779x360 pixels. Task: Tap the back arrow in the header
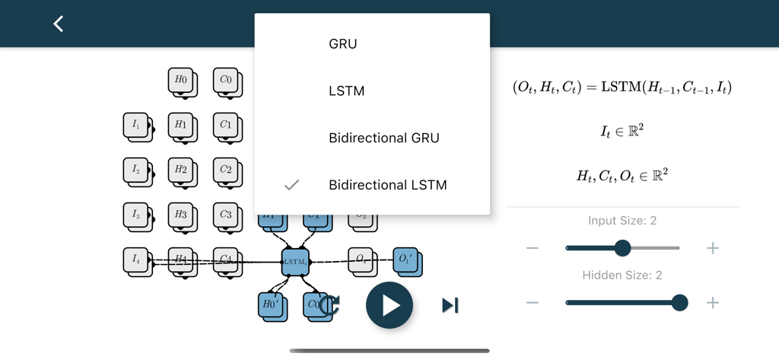pyautogui.click(x=59, y=24)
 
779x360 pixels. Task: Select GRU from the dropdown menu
pyautogui.click(x=342, y=44)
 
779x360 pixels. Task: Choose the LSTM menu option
pyautogui.click(x=346, y=91)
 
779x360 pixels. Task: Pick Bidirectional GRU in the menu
pyautogui.click(x=383, y=138)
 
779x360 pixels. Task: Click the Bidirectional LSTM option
pyautogui.click(x=387, y=185)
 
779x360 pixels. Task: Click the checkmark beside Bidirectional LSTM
pyautogui.click(x=291, y=185)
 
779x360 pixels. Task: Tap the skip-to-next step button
pyautogui.click(x=450, y=305)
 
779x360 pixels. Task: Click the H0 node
pyautogui.click(x=181, y=80)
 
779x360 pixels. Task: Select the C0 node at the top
pyautogui.click(x=226, y=80)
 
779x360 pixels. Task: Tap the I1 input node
pyautogui.click(x=136, y=125)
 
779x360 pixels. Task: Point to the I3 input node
pyautogui.click(x=136, y=215)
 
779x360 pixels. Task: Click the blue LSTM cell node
pyautogui.click(x=295, y=261)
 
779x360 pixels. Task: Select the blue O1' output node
pyautogui.click(x=405, y=260)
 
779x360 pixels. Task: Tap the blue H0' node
pyautogui.click(x=271, y=304)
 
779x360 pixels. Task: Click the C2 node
pyautogui.click(x=226, y=170)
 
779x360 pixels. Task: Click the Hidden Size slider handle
pyautogui.click(x=679, y=303)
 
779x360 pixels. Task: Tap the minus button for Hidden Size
pyautogui.click(x=533, y=303)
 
